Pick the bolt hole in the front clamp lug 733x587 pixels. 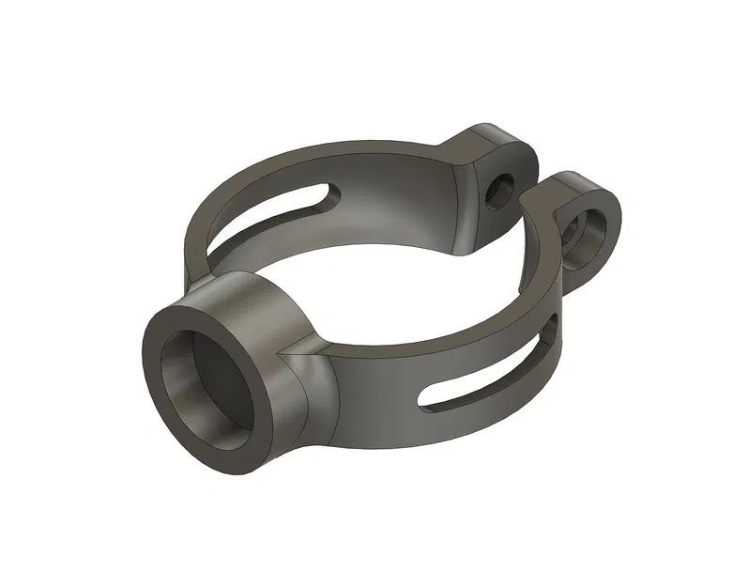pyautogui.click(x=593, y=229)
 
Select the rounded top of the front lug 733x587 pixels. pyautogui.click(x=587, y=183)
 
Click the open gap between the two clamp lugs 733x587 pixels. pyautogui.click(x=540, y=188)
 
